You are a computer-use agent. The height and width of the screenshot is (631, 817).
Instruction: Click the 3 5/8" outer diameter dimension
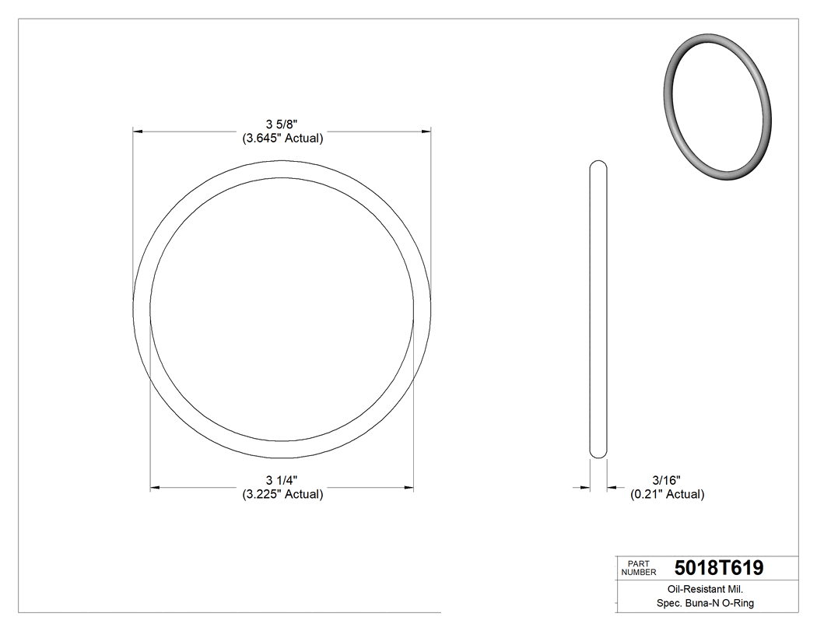(282, 124)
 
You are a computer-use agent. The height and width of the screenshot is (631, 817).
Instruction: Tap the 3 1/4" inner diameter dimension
(282, 479)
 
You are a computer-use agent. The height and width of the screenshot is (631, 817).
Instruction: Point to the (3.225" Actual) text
(282, 493)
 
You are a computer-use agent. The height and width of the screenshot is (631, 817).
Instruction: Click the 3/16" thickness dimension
(667, 479)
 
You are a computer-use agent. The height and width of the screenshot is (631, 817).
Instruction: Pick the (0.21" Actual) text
(667, 493)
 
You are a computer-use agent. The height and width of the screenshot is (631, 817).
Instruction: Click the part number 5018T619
(719, 568)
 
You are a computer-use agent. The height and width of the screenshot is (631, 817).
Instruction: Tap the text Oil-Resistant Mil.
(699, 590)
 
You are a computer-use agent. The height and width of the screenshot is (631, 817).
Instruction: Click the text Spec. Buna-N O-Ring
(700, 603)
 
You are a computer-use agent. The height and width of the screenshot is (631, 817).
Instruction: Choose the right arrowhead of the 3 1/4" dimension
(408, 488)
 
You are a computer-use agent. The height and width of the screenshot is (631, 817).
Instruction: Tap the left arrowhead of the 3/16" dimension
(585, 488)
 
